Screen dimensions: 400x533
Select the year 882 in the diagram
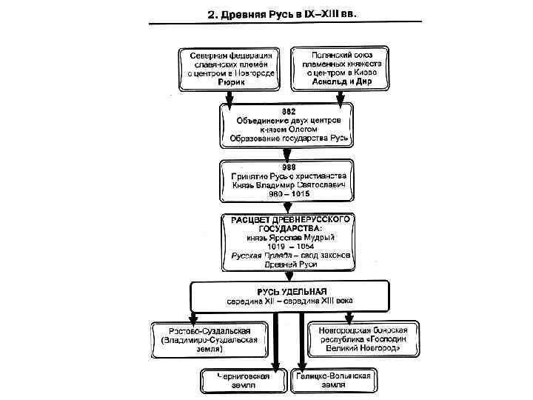[287, 110]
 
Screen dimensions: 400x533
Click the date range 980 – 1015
[289, 194]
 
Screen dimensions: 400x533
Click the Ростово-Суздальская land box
[209, 339]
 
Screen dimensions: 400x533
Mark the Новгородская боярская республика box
[364, 339]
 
